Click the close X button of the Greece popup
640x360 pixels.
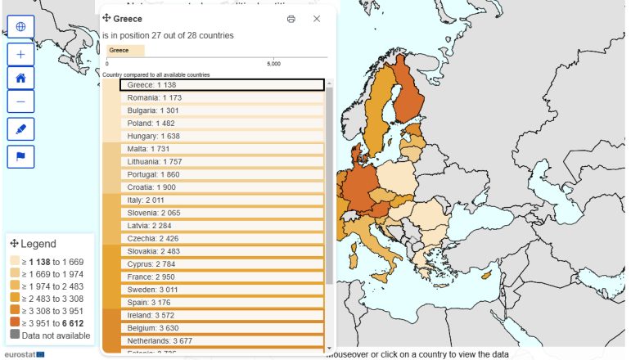pos(317,19)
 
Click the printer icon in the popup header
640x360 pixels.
pos(291,19)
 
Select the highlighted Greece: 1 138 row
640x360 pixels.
pos(221,84)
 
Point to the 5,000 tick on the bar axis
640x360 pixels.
pos(274,63)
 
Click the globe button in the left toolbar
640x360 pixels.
pos(20,27)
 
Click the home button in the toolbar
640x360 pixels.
pos(20,78)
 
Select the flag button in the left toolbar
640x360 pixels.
pos(20,155)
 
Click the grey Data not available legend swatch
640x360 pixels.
pos(15,335)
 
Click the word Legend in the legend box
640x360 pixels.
pos(38,244)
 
